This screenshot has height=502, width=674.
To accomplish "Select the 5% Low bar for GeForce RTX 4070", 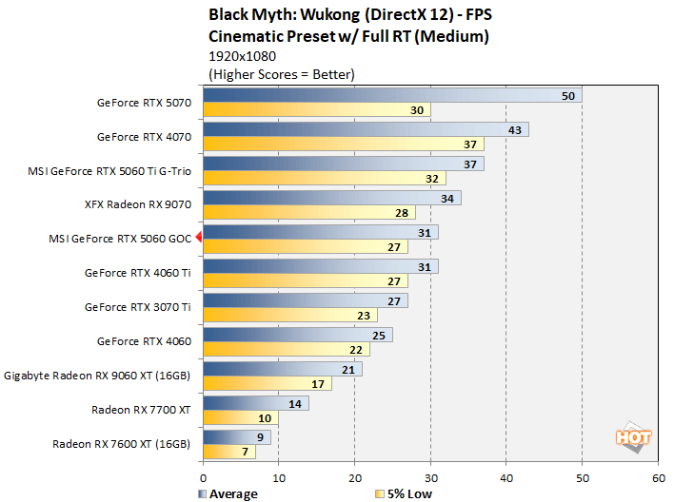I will click(343, 144).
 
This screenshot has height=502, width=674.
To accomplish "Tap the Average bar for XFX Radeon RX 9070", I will click(331, 198).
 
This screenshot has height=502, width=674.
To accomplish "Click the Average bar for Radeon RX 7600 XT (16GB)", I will click(236, 436).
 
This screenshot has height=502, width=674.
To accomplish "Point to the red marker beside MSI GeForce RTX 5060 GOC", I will click(199, 239).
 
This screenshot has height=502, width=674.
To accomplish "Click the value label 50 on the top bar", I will click(568, 96).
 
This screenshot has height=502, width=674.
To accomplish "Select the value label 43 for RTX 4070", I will click(515, 129).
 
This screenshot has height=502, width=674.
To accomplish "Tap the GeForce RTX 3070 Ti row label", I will click(138, 307).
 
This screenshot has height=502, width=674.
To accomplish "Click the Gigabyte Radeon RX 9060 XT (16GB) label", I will click(98, 376).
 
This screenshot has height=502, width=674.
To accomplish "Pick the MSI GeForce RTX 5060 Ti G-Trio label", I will click(110, 171).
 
